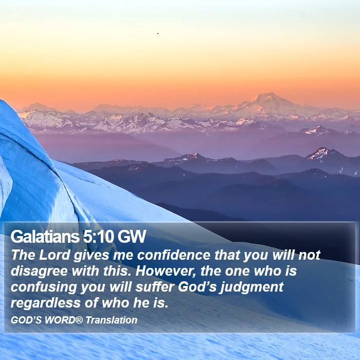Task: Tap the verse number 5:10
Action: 99,237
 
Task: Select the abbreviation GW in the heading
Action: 132,237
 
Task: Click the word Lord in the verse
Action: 55,255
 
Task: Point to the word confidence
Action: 174,255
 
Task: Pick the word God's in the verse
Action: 197,287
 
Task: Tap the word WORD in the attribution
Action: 60,320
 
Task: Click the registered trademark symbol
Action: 79,319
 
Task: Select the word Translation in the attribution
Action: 112,320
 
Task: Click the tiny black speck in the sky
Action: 158,33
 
